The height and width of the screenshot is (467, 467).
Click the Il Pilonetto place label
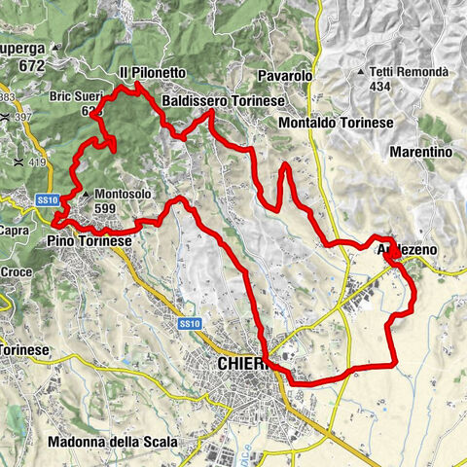coord(152,73)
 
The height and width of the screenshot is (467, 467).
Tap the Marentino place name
coord(420,153)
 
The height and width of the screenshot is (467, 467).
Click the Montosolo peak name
coord(123,195)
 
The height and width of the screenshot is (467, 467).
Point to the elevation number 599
coord(108,209)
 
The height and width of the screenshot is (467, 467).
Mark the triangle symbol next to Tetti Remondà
coord(363,72)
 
